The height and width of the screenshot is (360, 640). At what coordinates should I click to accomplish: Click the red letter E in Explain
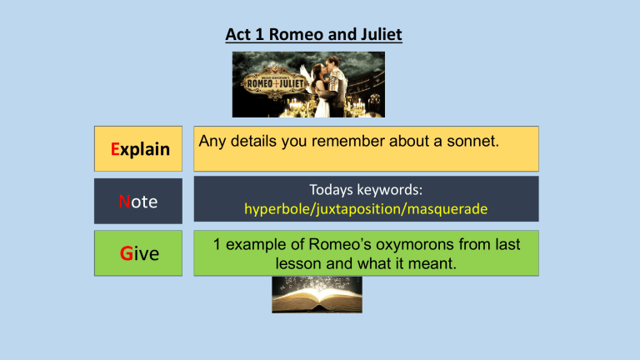(x=116, y=149)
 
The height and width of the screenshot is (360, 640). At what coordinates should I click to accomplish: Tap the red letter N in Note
(x=122, y=201)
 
